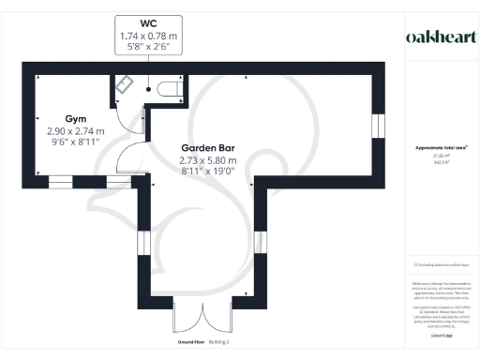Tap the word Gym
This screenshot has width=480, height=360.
point(76,120)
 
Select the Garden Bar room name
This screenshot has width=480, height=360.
point(208,148)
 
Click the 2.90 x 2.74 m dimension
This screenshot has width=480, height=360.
point(76,132)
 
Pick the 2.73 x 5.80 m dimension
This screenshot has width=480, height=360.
point(208,160)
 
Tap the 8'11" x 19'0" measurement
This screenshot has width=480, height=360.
point(208,172)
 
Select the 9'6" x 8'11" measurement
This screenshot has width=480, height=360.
point(76,144)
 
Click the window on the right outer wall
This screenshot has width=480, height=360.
point(378,126)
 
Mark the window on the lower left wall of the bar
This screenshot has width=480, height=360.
point(143,243)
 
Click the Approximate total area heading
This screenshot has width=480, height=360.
point(442,148)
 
